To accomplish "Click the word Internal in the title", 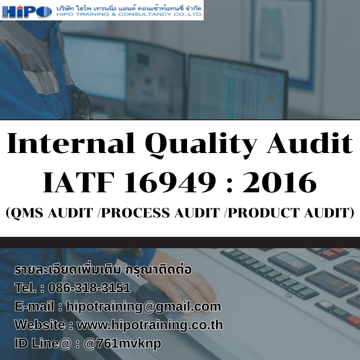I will click(71, 143).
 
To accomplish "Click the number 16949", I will click(166, 182).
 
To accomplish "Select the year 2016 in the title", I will click(279, 182).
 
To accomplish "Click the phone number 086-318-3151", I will click(90, 288).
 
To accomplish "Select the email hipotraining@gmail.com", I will click(144, 306).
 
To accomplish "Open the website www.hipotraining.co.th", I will click(150, 325).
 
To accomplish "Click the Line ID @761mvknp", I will click(122, 343).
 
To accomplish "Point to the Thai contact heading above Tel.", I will click(103, 270).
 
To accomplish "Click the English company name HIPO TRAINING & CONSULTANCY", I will click(129, 15).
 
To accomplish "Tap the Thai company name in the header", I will click(129, 8).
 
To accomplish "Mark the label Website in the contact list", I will click(40, 325).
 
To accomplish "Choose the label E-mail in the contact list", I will click(34, 306).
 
